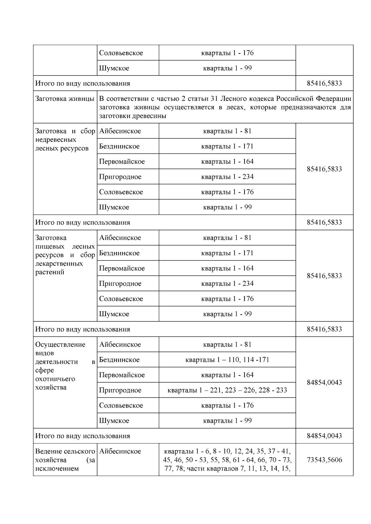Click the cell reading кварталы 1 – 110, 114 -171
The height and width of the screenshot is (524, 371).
click(227, 360)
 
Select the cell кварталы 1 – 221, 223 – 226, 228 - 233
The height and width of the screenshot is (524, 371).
click(227, 390)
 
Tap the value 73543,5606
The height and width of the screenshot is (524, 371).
click(324, 460)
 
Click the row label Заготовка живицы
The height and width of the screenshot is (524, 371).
click(65, 99)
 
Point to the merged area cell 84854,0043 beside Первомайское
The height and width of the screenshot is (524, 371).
click(324, 383)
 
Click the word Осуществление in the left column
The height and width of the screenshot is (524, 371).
click(60, 345)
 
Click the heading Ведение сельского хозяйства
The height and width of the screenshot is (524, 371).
click(65, 455)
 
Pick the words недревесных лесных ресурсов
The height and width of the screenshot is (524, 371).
click(62, 144)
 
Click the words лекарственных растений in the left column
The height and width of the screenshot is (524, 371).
click(59, 268)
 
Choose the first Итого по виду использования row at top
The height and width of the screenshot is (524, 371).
click(83, 83)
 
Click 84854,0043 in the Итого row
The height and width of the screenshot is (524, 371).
click(324, 436)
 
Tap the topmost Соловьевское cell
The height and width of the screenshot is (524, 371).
click(121, 53)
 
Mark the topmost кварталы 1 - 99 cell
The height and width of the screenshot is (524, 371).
click(227, 68)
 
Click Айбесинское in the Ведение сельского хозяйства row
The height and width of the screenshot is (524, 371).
click(120, 451)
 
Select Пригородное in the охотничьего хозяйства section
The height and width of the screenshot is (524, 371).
click(120, 390)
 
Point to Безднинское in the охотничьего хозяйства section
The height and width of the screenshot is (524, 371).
click(119, 360)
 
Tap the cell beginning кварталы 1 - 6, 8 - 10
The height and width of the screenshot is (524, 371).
click(227, 460)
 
